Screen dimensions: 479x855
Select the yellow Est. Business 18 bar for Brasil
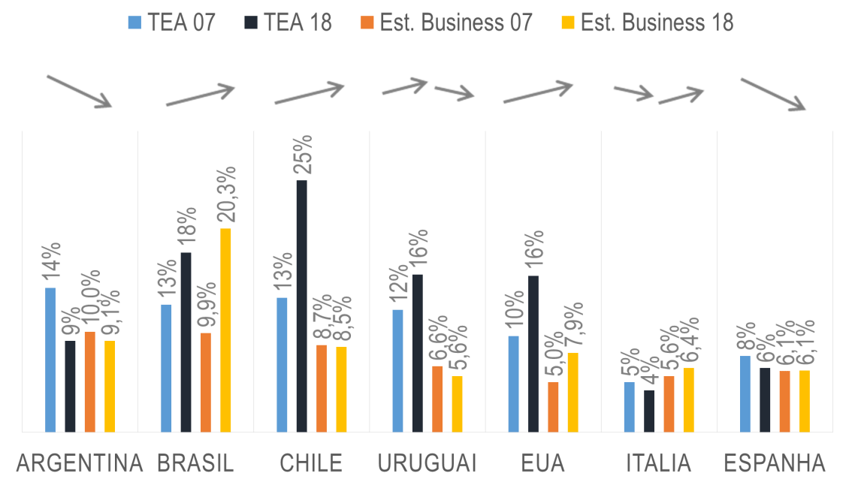coord(225,330)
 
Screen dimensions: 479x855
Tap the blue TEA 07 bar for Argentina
coord(50,360)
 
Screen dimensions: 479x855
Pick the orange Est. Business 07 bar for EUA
coord(553,407)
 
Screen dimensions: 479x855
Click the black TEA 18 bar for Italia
coord(649,411)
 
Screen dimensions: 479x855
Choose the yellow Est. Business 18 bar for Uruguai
coord(457,404)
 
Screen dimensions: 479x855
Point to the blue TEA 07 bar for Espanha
coord(745,393)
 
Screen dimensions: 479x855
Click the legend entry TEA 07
coord(172,23)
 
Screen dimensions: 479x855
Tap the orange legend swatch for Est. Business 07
coord(367,23)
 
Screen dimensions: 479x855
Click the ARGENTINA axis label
coord(79,462)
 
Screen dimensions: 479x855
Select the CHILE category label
coord(311,462)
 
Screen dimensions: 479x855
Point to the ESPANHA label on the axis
coord(774,462)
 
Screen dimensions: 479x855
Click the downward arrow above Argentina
coord(80,91)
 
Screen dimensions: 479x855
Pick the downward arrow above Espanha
coord(774,95)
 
